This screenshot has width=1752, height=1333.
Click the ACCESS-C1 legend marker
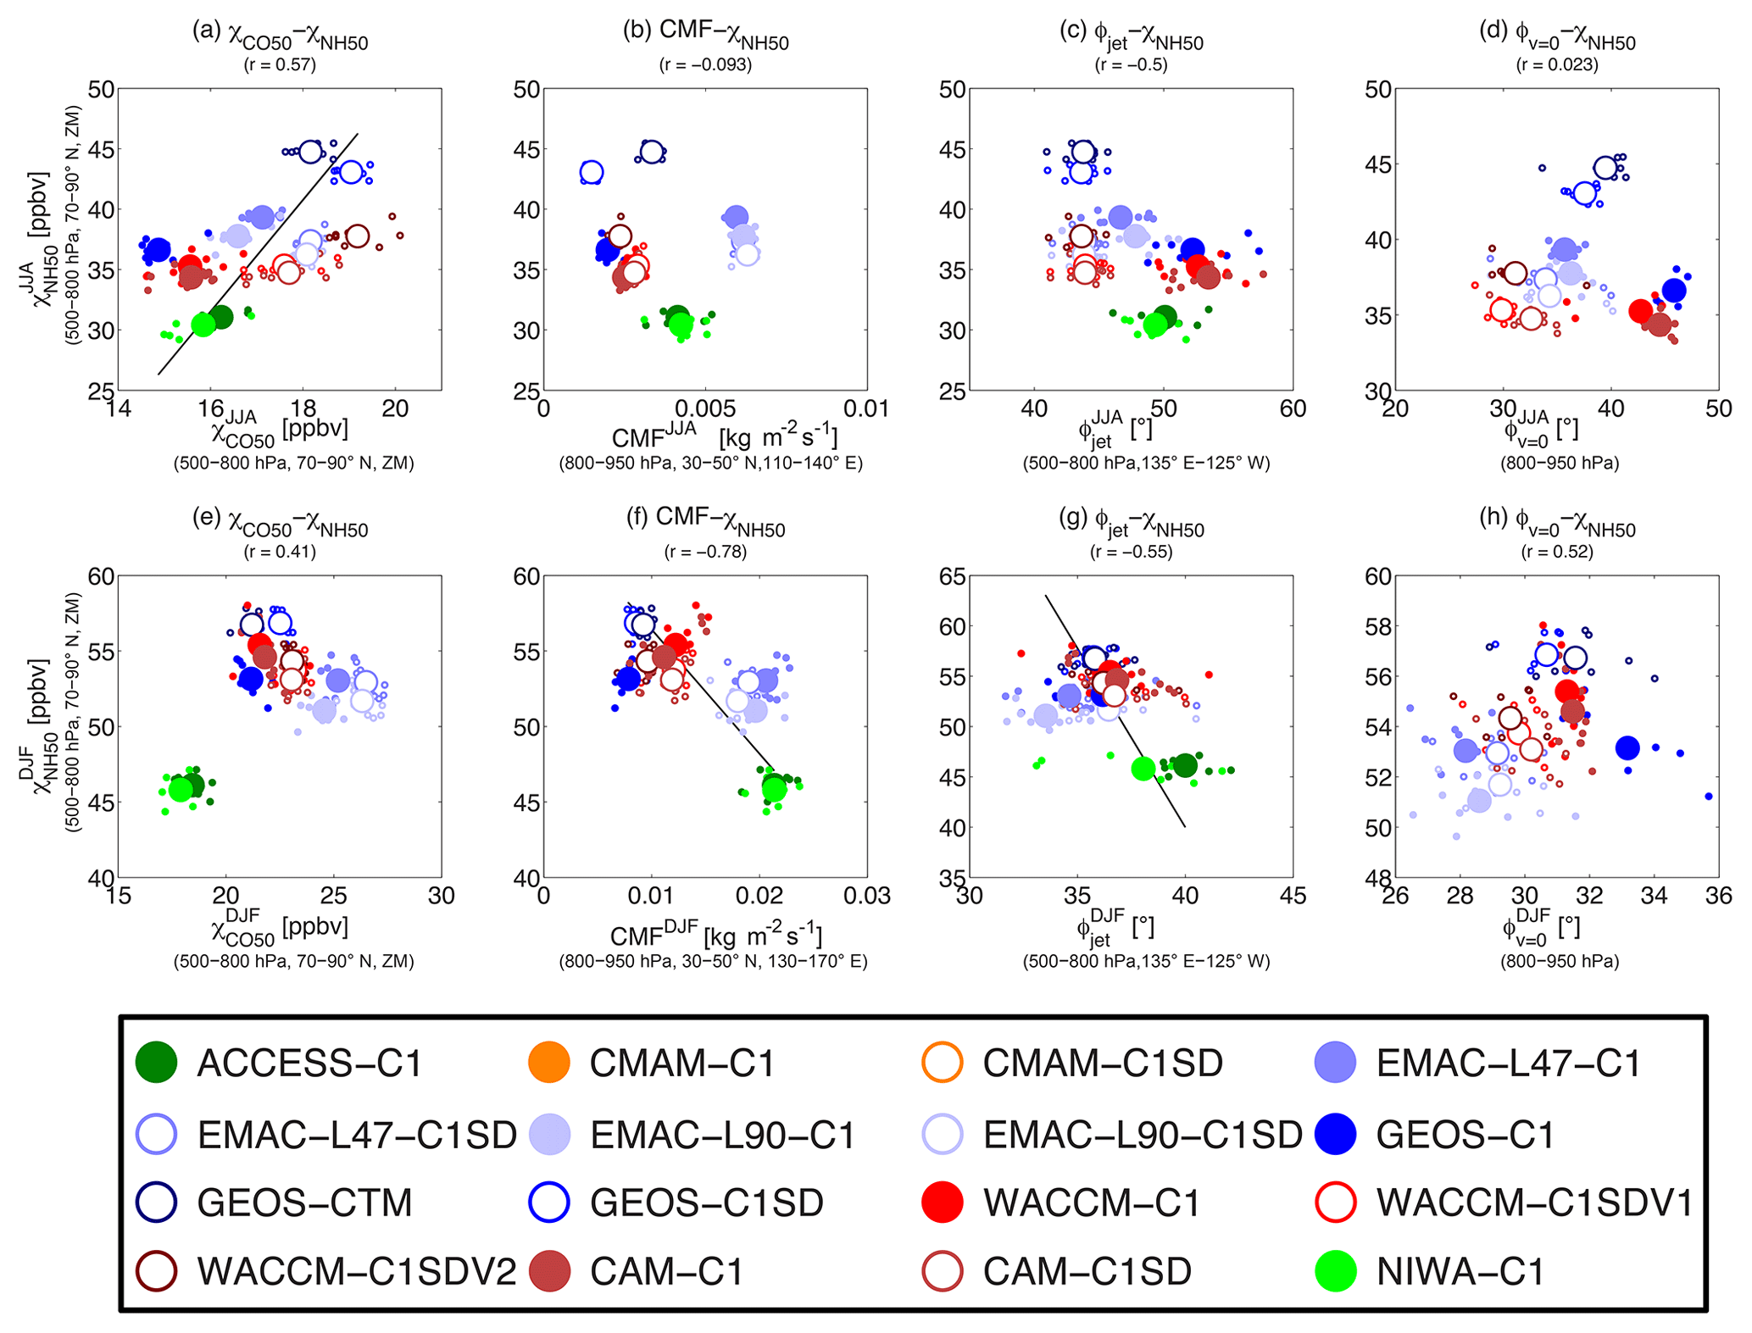point(156,1063)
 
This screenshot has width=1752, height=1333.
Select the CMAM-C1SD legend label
point(1102,1063)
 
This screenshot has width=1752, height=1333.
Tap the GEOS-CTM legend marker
point(156,1202)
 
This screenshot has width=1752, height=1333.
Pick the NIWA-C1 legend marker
point(1335,1272)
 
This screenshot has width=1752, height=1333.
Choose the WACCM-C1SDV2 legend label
point(356,1272)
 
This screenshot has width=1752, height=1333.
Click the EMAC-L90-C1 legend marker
point(549,1134)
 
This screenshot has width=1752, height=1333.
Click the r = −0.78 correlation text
point(705,553)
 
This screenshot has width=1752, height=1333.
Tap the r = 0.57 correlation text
point(280,65)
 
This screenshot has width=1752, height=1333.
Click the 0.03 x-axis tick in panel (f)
point(867,896)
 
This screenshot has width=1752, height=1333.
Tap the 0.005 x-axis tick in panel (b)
point(705,409)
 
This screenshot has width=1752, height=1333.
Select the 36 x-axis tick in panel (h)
point(1718,896)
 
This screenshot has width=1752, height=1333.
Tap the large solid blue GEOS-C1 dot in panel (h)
point(1627,747)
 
